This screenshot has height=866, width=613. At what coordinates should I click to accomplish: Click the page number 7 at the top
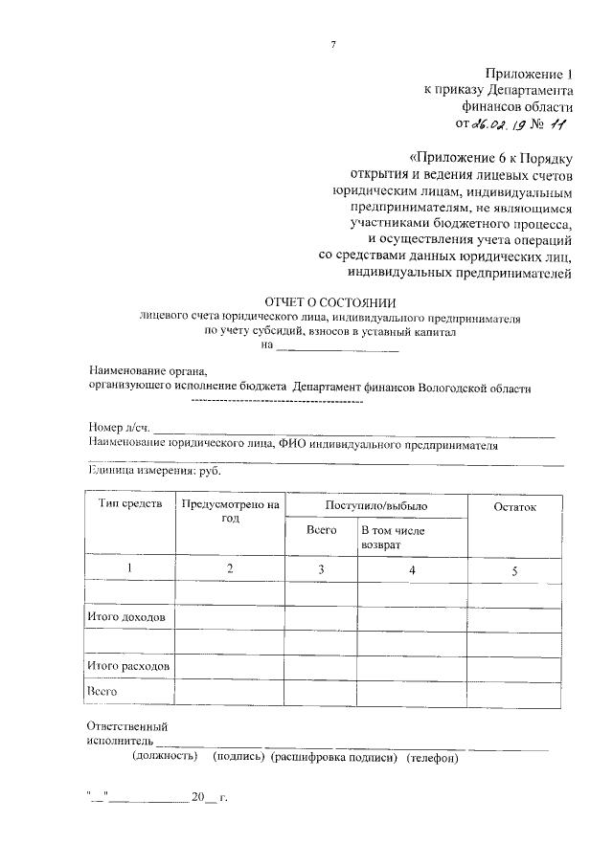coord(333,45)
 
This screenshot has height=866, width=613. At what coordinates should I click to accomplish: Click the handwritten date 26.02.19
coord(503,124)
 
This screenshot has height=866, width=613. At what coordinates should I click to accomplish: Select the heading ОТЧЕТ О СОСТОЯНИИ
coord(329,301)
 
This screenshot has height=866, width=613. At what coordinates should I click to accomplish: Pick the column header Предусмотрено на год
coord(229,511)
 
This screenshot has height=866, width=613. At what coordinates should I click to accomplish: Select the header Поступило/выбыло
coord(375,504)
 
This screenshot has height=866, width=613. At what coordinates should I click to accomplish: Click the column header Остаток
coord(514,505)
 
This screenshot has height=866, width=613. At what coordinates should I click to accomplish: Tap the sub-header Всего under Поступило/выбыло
coord(321,529)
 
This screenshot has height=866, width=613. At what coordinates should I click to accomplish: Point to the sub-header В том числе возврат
coord(393,536)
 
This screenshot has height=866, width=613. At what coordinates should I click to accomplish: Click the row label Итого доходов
coord(126,617)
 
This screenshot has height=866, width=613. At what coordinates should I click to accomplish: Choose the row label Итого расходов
coord(128,664)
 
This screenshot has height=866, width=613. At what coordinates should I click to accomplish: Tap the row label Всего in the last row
coord(102,689)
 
